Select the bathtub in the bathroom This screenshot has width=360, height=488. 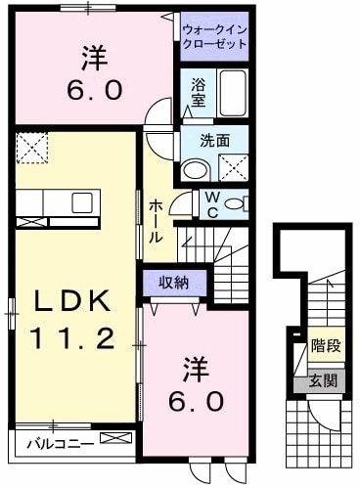(232, 93)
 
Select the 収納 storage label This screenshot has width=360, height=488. (173, 282)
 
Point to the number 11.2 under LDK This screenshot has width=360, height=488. (70, 339)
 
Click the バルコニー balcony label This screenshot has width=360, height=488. (54, 443)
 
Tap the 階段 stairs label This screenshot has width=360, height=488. (325, 345)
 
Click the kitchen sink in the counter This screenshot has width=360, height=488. (81, 202)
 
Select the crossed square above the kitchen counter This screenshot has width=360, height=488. (30, 148)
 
